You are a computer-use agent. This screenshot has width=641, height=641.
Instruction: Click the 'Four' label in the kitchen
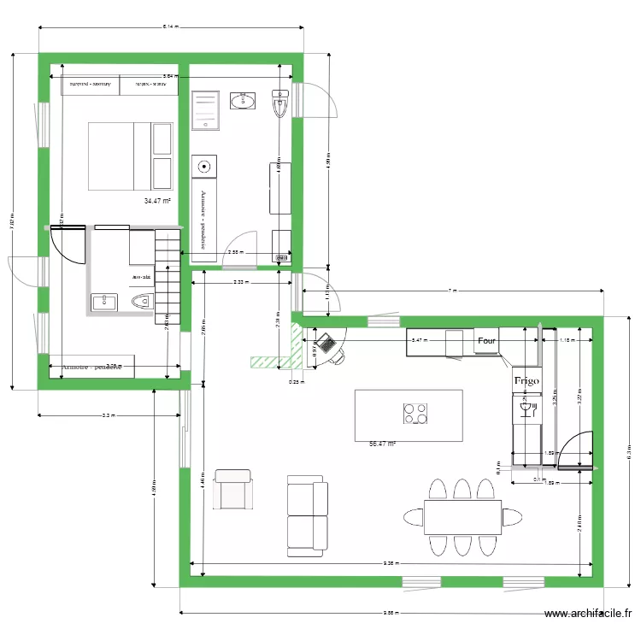(x=486, y=340)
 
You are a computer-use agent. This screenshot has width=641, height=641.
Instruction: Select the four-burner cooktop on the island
(x=416, y=414)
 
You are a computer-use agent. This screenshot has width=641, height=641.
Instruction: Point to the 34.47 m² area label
(x=157, y=201)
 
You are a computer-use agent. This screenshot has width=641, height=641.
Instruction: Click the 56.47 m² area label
(x=382, y=444)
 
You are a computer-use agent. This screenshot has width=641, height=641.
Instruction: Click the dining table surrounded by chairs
(x=462, y=516)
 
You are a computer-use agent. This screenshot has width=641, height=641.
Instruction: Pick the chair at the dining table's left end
(x=413, y=516)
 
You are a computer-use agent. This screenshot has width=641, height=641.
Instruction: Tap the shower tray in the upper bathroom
(x=205, y=110)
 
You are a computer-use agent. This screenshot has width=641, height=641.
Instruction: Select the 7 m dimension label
(x=453, y=291)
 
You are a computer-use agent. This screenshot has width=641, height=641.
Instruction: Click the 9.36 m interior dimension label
(x=390, y=563)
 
